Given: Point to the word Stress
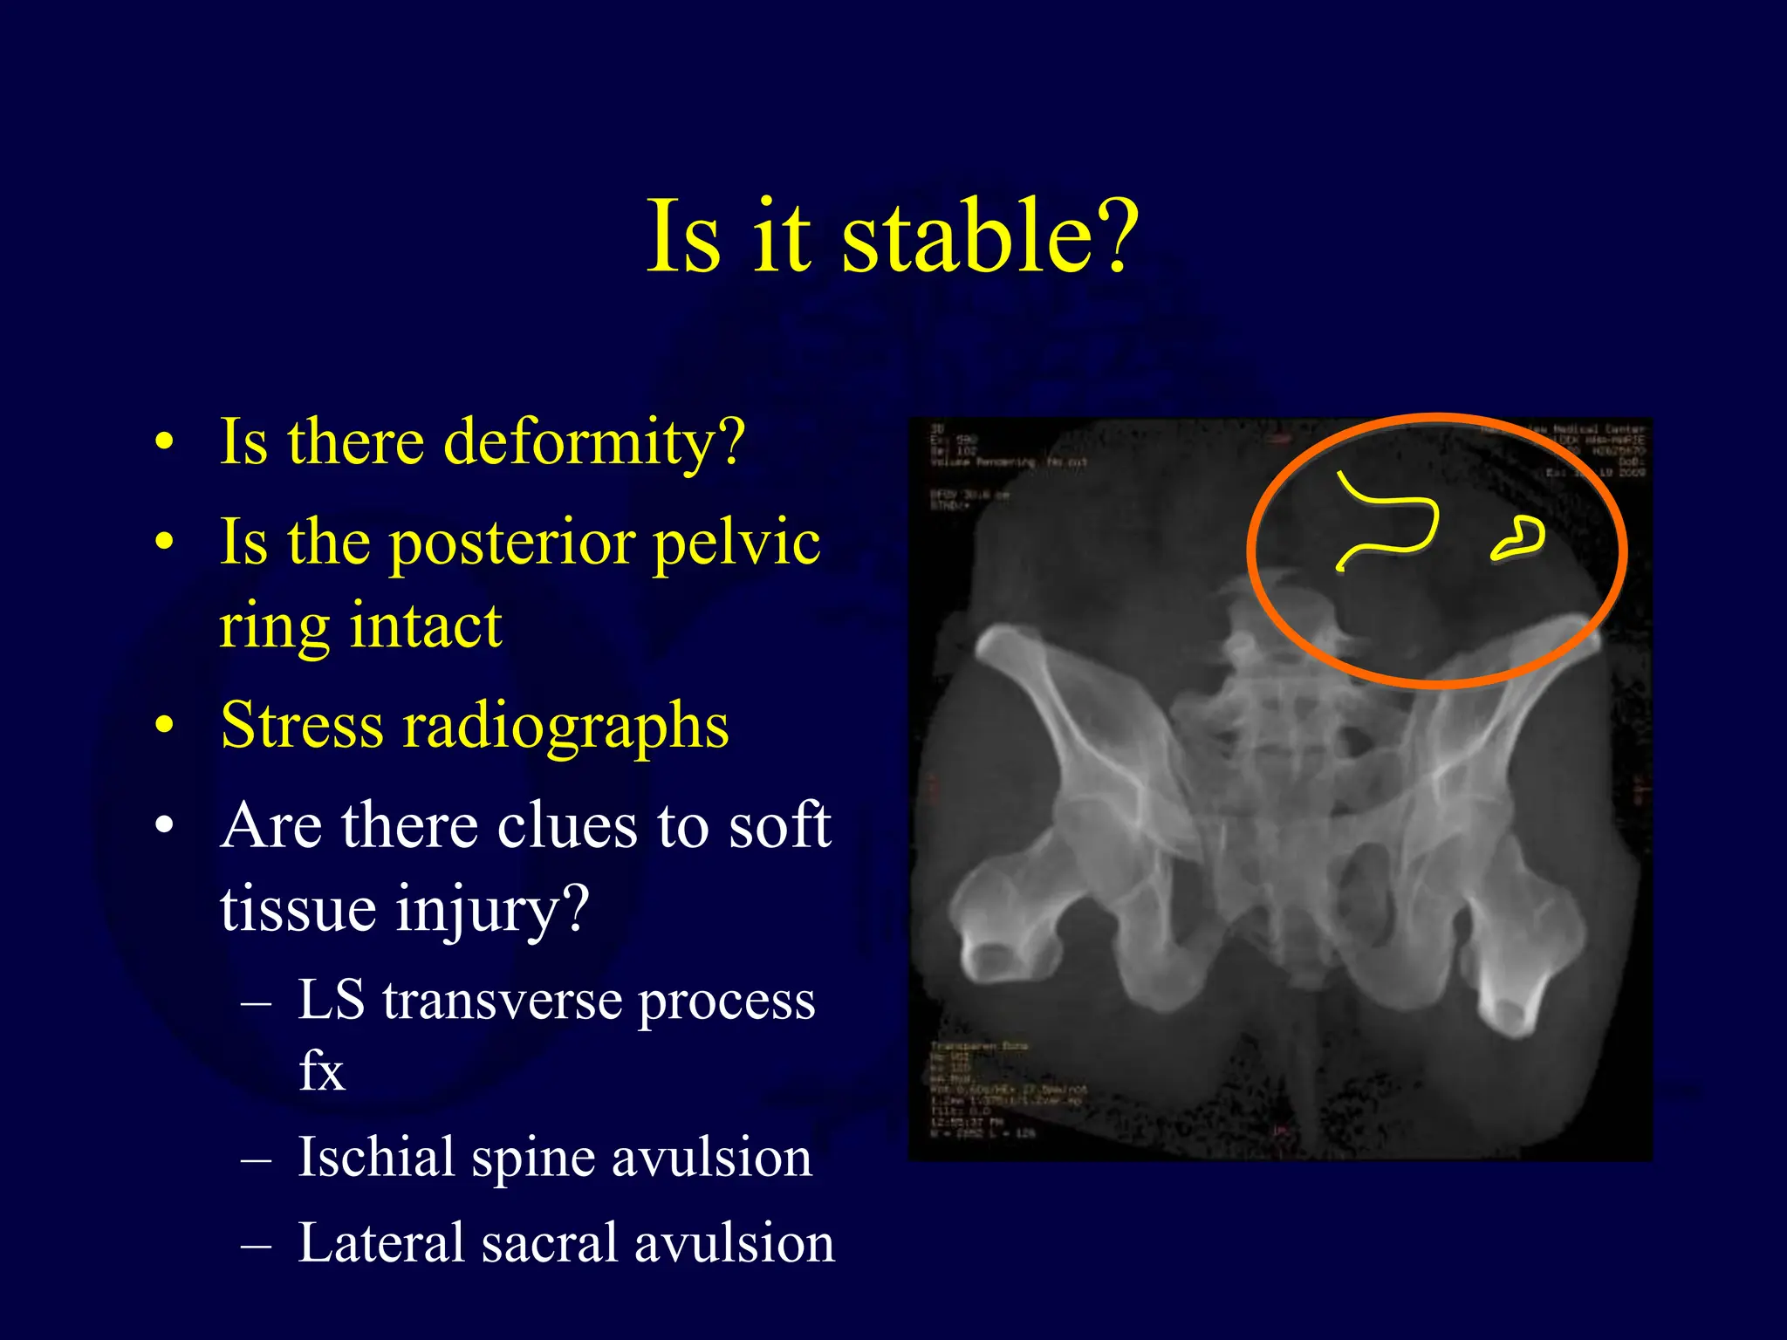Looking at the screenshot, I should pos(302,726).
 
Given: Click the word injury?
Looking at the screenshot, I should pos(493,910).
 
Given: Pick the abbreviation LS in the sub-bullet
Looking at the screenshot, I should pos(331,1000).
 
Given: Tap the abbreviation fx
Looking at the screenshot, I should pos(321,1071).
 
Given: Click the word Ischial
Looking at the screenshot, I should pos(376,1158).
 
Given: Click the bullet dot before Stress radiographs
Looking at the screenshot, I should pos(164,726).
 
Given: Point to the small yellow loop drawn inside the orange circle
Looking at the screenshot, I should pos(1517,538).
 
